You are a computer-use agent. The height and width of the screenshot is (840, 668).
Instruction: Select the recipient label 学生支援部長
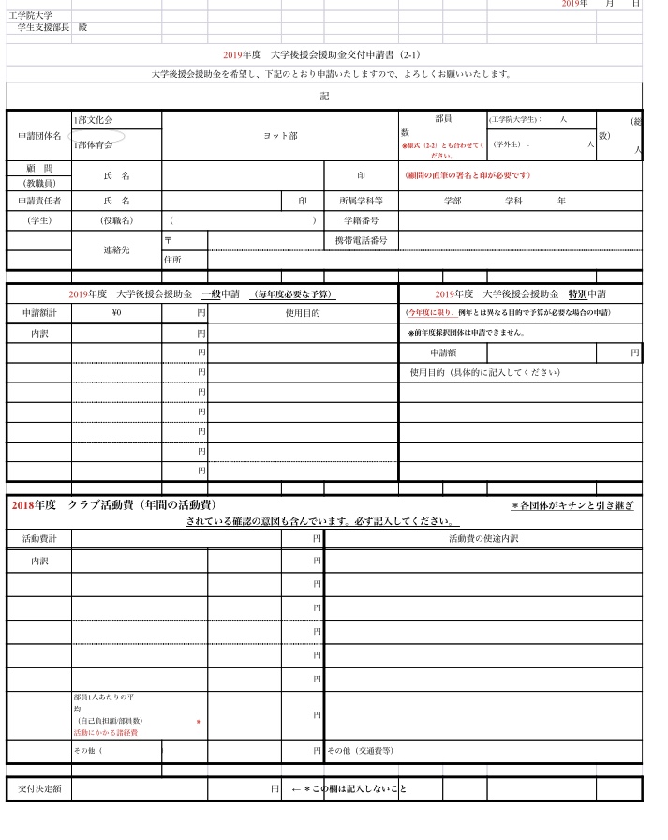point(42,28)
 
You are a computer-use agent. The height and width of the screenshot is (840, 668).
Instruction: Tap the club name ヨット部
point(280,136)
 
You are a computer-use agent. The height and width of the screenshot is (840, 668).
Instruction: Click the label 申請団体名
point(38,136)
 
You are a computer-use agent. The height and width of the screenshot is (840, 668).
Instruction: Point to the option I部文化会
point(94,121)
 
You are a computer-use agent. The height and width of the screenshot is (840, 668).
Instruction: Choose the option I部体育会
point(94,145)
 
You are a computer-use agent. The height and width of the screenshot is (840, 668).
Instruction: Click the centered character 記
point(324,97)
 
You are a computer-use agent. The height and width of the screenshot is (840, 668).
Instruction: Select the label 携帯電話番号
point(361,241)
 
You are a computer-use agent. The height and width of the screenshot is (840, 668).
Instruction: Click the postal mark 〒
point(168,241)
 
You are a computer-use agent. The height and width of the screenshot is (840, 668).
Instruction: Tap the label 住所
point(172,260)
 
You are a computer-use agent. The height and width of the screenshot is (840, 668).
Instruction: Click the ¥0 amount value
point(117,313)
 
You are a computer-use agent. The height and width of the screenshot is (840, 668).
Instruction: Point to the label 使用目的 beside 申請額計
point(302,313)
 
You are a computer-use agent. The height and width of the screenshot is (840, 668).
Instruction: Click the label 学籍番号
point(361,220)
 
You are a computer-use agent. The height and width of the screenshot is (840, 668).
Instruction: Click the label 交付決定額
point(38,789)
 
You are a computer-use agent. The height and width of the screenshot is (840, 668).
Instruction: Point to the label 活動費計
point(38,539)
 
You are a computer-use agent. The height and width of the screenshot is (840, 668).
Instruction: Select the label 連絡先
point(117,250)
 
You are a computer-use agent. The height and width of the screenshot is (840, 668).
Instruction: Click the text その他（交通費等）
point(360,751)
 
